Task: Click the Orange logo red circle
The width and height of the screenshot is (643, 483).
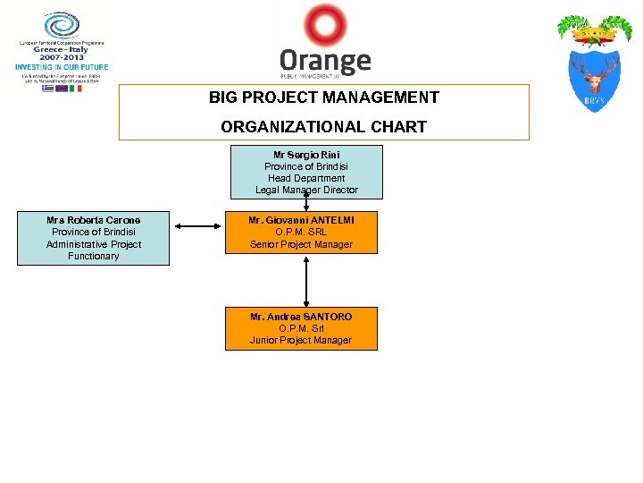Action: click(x=325, y=24)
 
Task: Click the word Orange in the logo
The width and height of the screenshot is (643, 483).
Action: click(x=325, y=62)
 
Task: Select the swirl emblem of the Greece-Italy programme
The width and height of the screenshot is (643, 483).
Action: click(x=62, y=25)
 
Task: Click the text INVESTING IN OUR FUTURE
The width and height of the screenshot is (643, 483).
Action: click(x=62, y=67)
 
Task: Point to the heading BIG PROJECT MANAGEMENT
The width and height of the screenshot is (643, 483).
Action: click(x=324, y=97)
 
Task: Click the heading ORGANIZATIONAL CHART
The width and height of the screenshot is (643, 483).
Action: click(x=324, y=127)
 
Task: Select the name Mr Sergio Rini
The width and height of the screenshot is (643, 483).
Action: click(x=306, y=155)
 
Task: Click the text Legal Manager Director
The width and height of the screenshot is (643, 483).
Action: click(x=306, y=190)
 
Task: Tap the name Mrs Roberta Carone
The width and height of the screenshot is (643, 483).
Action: click(x=93, y=220)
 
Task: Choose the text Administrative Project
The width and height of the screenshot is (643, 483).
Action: click(x=93, y=244)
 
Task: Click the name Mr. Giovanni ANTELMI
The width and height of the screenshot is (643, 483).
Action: click(x=301, y=220)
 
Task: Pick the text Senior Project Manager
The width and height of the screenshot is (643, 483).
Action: click(x=301, y=244)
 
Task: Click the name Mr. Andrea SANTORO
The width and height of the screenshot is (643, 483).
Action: click(x=301, y=317)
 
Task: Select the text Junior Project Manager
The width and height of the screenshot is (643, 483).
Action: click(x=301, y=340)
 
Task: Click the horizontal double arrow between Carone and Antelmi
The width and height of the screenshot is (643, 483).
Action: click(x=199, y=225)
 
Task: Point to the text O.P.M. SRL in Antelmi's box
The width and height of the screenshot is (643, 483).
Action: click(x=301, y=233)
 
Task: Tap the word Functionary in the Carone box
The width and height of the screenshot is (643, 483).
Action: click(x=93, y=256)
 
